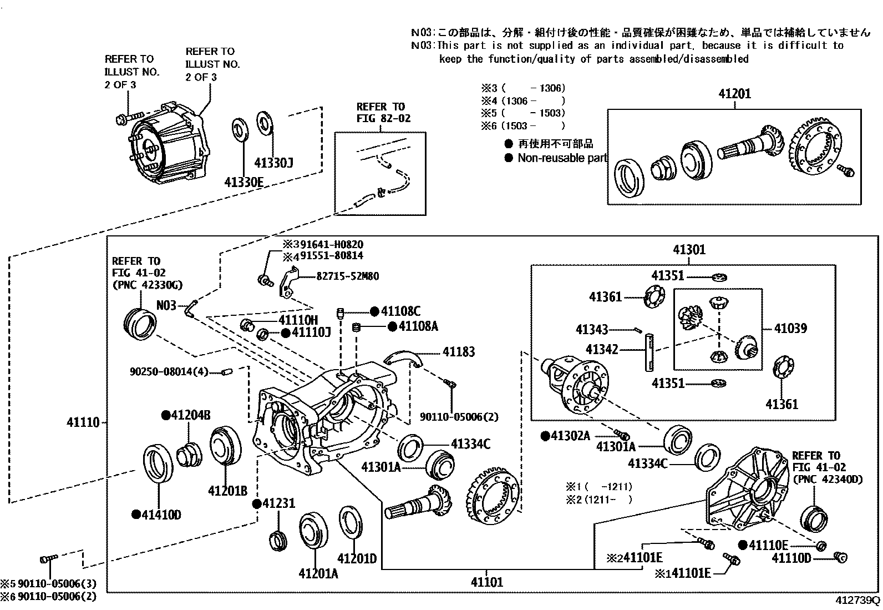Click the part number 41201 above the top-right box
[x=734, y=94]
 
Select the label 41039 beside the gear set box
[x=790, y=329]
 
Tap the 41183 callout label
[x=459, y=352]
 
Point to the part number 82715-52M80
[x=348, y=276]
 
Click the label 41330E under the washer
[x=243, y=182]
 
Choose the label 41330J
[x=273, y=163]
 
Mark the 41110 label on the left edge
[x=83, y=422]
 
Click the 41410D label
[x=161, y=515]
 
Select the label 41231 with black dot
[x=278, y=503]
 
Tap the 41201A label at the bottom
[x=318, y=573]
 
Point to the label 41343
[x=592, y=330]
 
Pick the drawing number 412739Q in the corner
[x=857, y=601]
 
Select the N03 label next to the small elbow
[x=166, y=305]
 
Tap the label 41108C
[x=400, y=312]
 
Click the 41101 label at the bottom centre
[x=487, y=582]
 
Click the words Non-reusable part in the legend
[x=562, y=158]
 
